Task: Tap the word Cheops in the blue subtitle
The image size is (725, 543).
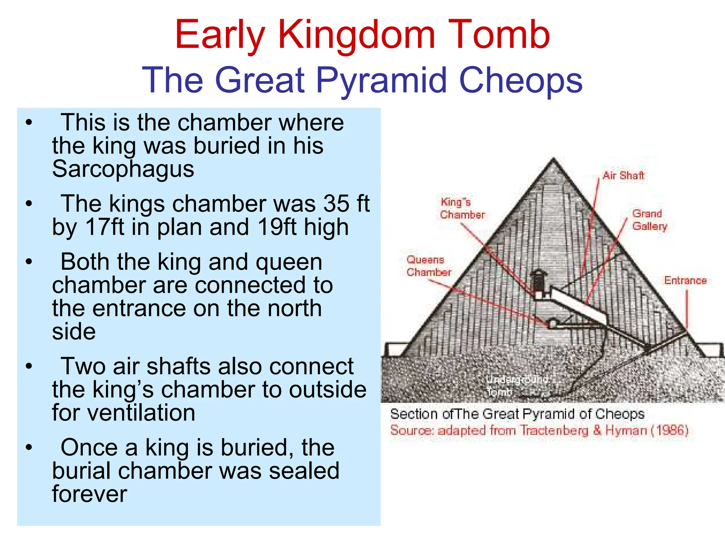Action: [520, 81]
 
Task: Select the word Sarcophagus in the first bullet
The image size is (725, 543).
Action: [123, 169]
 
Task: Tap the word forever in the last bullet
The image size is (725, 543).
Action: [89, 494]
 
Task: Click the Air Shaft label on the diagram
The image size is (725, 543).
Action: [623, 176]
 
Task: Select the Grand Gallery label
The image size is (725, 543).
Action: [649, 220]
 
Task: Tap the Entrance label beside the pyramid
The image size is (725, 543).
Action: [685, 281]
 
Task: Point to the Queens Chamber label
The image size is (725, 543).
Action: [428, 266]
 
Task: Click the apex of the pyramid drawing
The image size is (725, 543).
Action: [553, 160]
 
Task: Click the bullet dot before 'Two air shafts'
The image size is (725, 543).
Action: [29, 366]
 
